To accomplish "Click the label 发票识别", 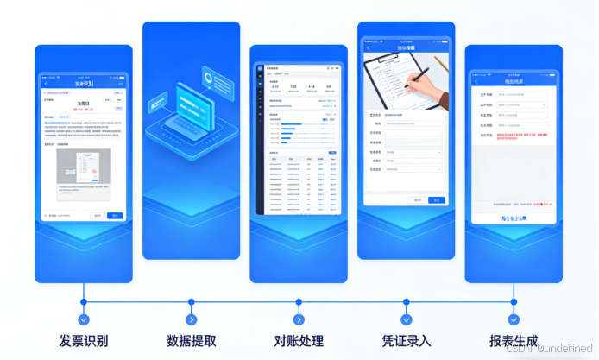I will pyautogui.click(x=84, y=340).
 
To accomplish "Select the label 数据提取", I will pyautogui.click(x=191, y=340).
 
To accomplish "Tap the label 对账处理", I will pyautogui.click(x=299, y=340).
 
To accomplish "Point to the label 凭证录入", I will pyautogui.click(x=406, y=340).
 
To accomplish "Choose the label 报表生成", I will pyautogui.click(x=514, y=340).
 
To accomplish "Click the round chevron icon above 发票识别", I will pyautogui.click(x=84, y=303).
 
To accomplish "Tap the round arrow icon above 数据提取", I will pyautogui.click(x=192, y=303).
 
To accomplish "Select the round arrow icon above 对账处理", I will pyautogui.click(x=299, y=303).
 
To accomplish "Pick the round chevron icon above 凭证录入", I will pyautogui.click(x=407, y=303).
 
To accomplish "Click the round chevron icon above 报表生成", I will pyautogui.click(x=514, y=303).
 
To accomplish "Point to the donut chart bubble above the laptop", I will pyautogui.click(x=211, y=79).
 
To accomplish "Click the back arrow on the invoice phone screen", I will pyautogui.click(x=46, y=83).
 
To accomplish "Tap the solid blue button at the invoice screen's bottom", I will pyautogui.click(x=114, y=215).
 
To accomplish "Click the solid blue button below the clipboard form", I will pyautogui.click(x=437, y=199).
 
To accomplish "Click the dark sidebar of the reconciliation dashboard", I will pyautogui.click(x=260, y=138).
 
